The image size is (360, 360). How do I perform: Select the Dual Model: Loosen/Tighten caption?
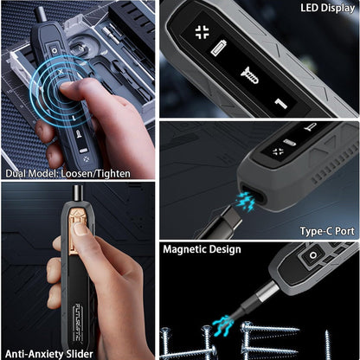pyautogui.click(x=67, y=173)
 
